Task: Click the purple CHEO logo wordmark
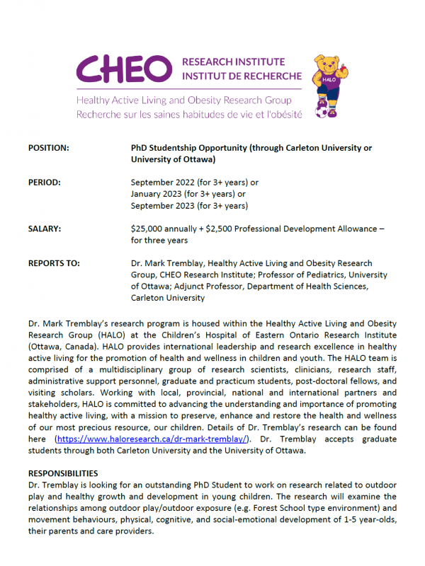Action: (125, 68)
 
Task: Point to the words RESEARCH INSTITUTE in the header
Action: (234, 62)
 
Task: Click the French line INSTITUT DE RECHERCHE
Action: (242, 76)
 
